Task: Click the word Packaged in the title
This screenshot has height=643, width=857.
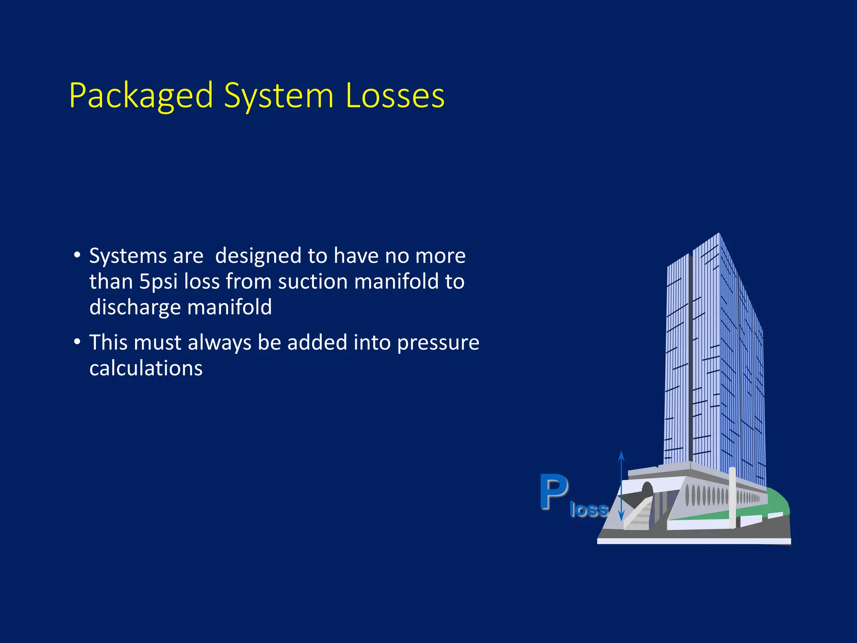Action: (x=141, y=96)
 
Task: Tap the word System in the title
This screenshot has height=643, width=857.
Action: (x=279, y=96)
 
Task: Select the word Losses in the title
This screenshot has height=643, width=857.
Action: (x=395, y=96)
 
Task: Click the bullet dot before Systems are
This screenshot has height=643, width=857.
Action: (x=77, y=255)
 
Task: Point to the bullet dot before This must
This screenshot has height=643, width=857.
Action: (x=77, y=342)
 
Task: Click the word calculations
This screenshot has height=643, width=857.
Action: (x=146, y=368)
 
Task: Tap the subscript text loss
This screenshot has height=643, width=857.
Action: (x=588, y=510)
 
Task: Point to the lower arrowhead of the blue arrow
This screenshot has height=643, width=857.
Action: (x=621, y=517)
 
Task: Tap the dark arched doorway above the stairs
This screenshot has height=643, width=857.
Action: (x=647, y=489)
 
